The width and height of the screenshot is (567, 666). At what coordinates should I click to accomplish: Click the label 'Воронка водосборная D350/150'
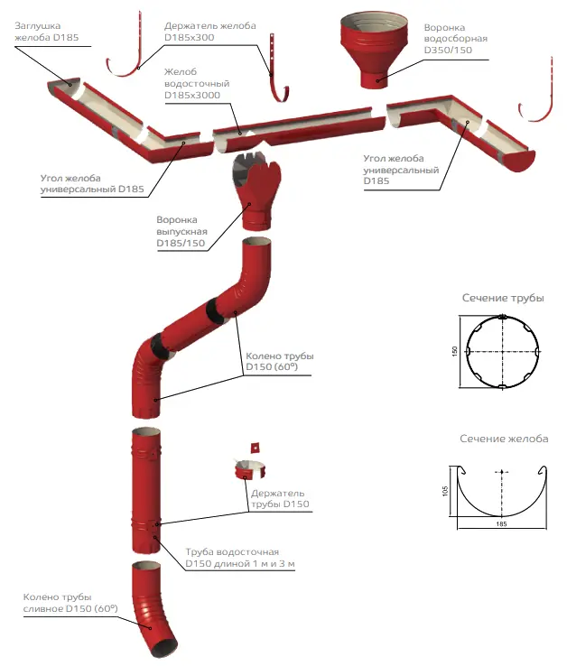click(456, 39)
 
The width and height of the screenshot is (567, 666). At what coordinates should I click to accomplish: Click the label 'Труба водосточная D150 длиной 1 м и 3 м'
click(240, 557)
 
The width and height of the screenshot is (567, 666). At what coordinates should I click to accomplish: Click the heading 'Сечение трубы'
click(503, 298)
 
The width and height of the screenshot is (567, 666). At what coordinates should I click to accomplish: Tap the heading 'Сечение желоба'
click(504, 439)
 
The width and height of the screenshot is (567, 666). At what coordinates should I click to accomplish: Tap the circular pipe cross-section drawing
click(502, 351)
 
